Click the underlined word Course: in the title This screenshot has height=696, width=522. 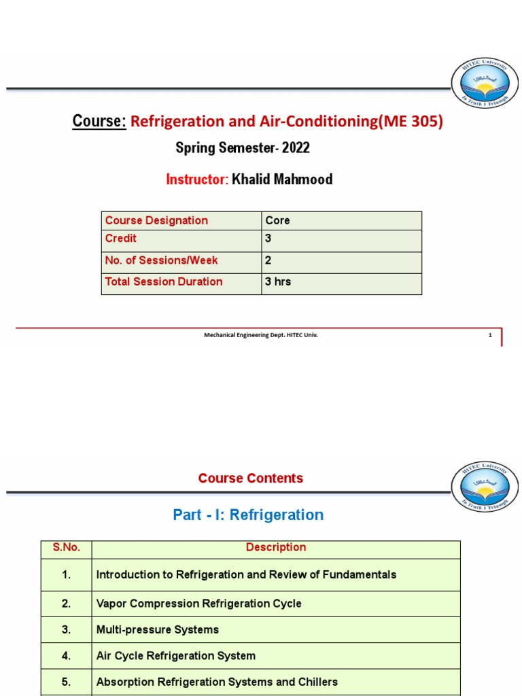99,121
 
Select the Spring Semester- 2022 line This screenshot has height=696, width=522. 243,147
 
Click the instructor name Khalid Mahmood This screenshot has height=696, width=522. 282,179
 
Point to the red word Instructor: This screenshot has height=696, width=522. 197,179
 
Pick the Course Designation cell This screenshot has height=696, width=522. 156,220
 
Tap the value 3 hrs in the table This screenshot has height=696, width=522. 279,281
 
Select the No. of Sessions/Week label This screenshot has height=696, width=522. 162,260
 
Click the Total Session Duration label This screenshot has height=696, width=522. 164,281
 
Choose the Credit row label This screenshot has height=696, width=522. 121,239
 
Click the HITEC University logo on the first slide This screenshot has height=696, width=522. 481,87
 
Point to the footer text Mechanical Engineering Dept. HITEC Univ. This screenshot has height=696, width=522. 261,334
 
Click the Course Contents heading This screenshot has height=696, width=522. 251,478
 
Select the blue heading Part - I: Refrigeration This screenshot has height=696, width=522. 248,515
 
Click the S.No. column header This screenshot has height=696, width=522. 66,548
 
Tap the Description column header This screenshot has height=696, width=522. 276,548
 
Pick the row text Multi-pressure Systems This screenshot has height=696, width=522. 158,629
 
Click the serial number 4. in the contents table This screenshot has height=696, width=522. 66,656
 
